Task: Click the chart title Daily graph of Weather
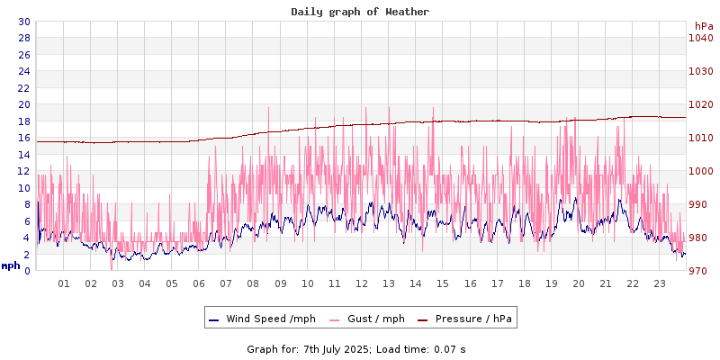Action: click(360, 12)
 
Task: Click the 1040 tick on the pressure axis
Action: click(700, 38)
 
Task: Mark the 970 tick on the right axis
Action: click(700, 271)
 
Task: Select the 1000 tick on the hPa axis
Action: click(700, 171)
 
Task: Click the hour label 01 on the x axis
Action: click(64, 284)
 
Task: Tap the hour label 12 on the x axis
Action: click(362, 284)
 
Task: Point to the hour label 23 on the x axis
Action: click(660, 284)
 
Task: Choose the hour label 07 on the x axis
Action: click(226, 284)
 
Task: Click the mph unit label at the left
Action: click(11, 265)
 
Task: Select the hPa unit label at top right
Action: click(704, 26)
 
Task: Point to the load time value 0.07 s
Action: click(445, 348)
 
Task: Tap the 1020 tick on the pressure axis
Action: click(700, 104)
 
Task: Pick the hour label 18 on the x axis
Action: click(524, 284)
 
